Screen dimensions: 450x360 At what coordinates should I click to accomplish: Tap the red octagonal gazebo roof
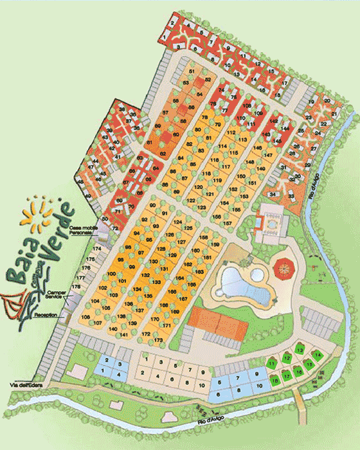pos(283,265)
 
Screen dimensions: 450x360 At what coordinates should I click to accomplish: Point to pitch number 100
pos(112,274)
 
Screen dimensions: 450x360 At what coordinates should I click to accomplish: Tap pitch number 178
pos(76,286)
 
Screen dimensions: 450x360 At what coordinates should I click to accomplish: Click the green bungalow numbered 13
pos(300,350)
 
